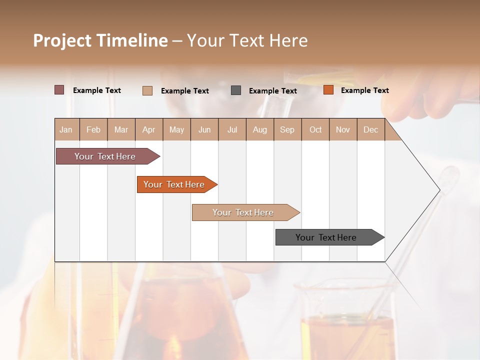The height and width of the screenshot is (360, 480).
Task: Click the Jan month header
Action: (66, 129)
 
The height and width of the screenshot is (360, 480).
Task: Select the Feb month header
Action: (93, 129)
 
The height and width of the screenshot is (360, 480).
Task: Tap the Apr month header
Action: (148, 129)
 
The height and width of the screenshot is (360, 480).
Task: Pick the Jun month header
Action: (204, 129)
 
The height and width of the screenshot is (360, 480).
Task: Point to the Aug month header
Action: (259, 129)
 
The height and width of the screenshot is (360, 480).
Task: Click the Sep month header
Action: (287, 129)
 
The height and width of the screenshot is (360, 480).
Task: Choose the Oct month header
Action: (315, 129)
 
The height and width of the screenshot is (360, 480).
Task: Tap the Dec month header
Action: (370, 129)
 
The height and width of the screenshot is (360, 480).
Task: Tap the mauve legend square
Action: (59, 90)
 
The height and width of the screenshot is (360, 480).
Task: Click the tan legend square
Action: (147, 90)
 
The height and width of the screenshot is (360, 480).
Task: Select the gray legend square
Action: (236, 90)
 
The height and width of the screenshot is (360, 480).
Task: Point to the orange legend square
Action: (328, 90)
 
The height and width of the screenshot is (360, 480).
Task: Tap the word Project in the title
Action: (62, 40)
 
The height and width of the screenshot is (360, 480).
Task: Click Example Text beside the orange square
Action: (364, 90)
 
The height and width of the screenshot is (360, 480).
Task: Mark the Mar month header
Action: (121, 129)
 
